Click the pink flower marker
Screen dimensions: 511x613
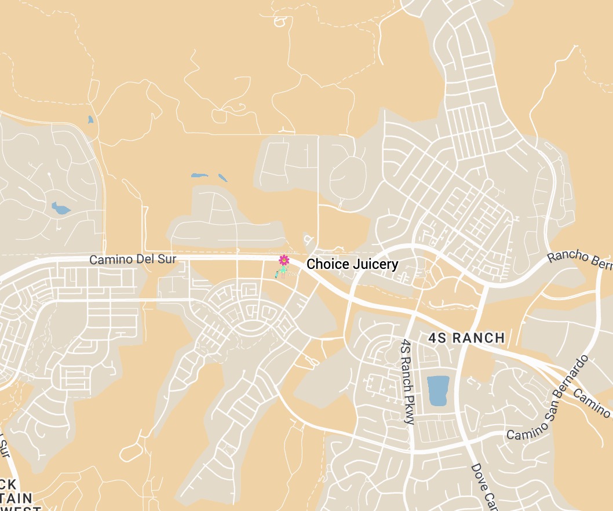point(284,260)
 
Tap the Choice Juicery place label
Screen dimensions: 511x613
point(352,265)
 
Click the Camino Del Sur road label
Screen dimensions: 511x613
point(133,260)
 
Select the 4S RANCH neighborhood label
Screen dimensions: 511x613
point(466,338)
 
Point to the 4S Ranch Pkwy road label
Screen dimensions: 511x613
point(407,382)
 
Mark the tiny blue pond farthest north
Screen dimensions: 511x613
point(90,120)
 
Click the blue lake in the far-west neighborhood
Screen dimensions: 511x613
point(60,207)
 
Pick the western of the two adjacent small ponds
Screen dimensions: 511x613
point(199,175)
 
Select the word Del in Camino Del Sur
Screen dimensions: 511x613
point(145,260)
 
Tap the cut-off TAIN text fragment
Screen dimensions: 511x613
point(16,498)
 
